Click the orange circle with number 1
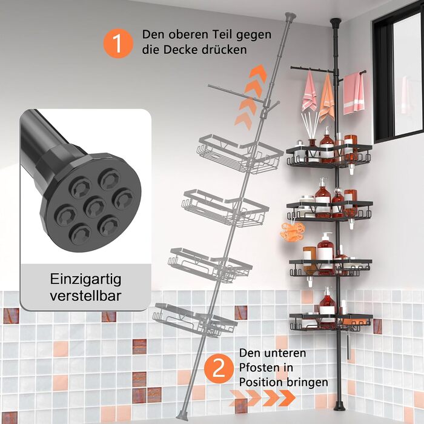coord(118,43)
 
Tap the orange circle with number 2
coord(219,369)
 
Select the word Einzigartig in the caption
coord(86,280)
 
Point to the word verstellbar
coord(85,296)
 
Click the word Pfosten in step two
coord(262,368)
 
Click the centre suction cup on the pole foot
coord(94,207)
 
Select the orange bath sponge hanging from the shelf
coord(293,231)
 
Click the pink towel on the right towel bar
coord(353,92)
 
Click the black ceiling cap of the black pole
coord(336,22)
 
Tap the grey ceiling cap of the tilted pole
coord(291,16)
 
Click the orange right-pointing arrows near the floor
coord(262,398)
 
